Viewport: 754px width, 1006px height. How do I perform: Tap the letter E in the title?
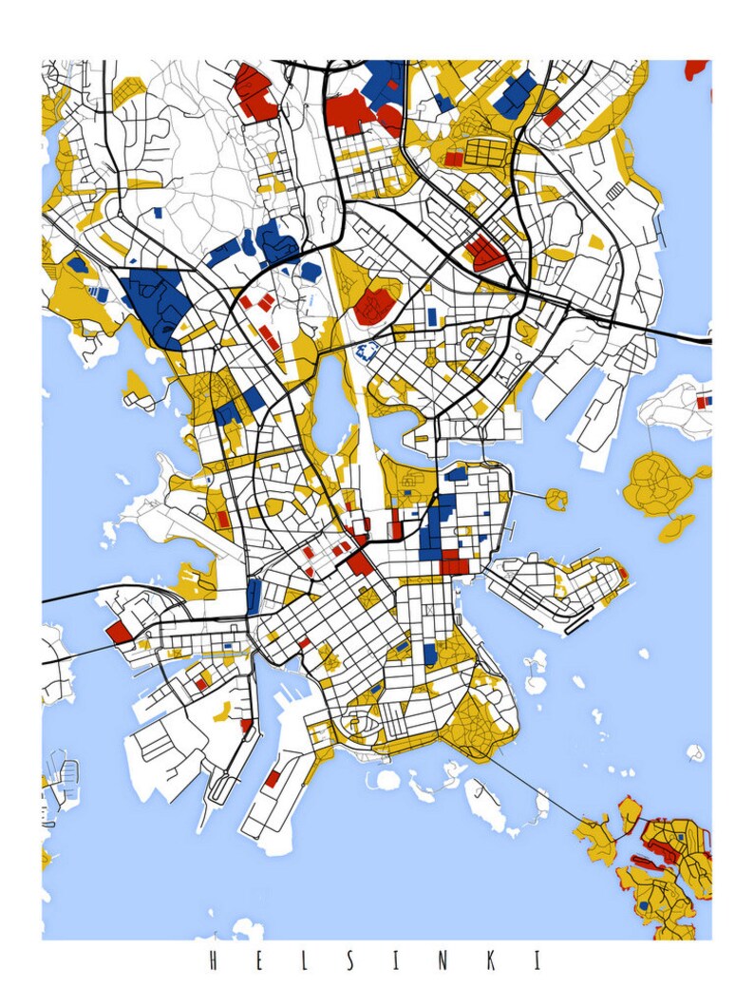pyautogui.click(x=256, y=960)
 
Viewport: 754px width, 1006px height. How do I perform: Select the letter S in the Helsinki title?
pyautogui.click(x=349, y=960)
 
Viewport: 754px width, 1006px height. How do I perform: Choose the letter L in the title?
pyautogui.click(x=303, y=960)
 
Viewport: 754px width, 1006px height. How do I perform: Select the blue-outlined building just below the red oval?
pyautogui.click(x=368, y=351)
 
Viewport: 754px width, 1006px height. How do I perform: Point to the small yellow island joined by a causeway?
pyautogui.click(x=556, y=497)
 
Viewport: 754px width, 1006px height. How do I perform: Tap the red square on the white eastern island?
pyautogui.click(x=703, y=402)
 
